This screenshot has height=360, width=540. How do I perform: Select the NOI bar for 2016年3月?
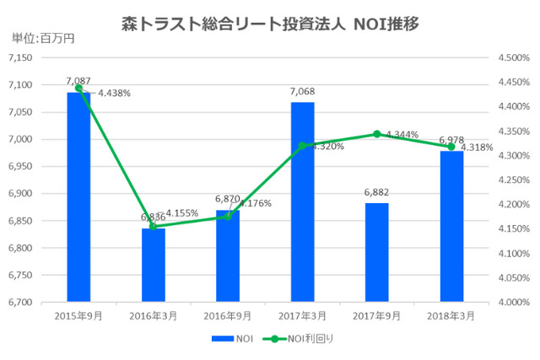tap(153, 266)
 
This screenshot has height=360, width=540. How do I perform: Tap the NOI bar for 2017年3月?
tap(302, 202)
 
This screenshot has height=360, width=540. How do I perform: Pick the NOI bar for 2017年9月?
tap(376, 253)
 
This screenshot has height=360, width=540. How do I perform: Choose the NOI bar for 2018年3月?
tap(451, 228)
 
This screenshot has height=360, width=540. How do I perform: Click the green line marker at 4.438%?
tap(78, 88)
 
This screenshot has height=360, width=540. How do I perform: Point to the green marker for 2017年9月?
tap(376, 134)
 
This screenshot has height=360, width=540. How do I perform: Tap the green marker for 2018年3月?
tap(451, 147)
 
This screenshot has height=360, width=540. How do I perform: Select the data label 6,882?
tap(376, 193)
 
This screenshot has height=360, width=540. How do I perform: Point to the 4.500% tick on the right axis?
tap(513, 57)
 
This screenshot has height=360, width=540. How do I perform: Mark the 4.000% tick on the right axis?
tap(513, 302)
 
